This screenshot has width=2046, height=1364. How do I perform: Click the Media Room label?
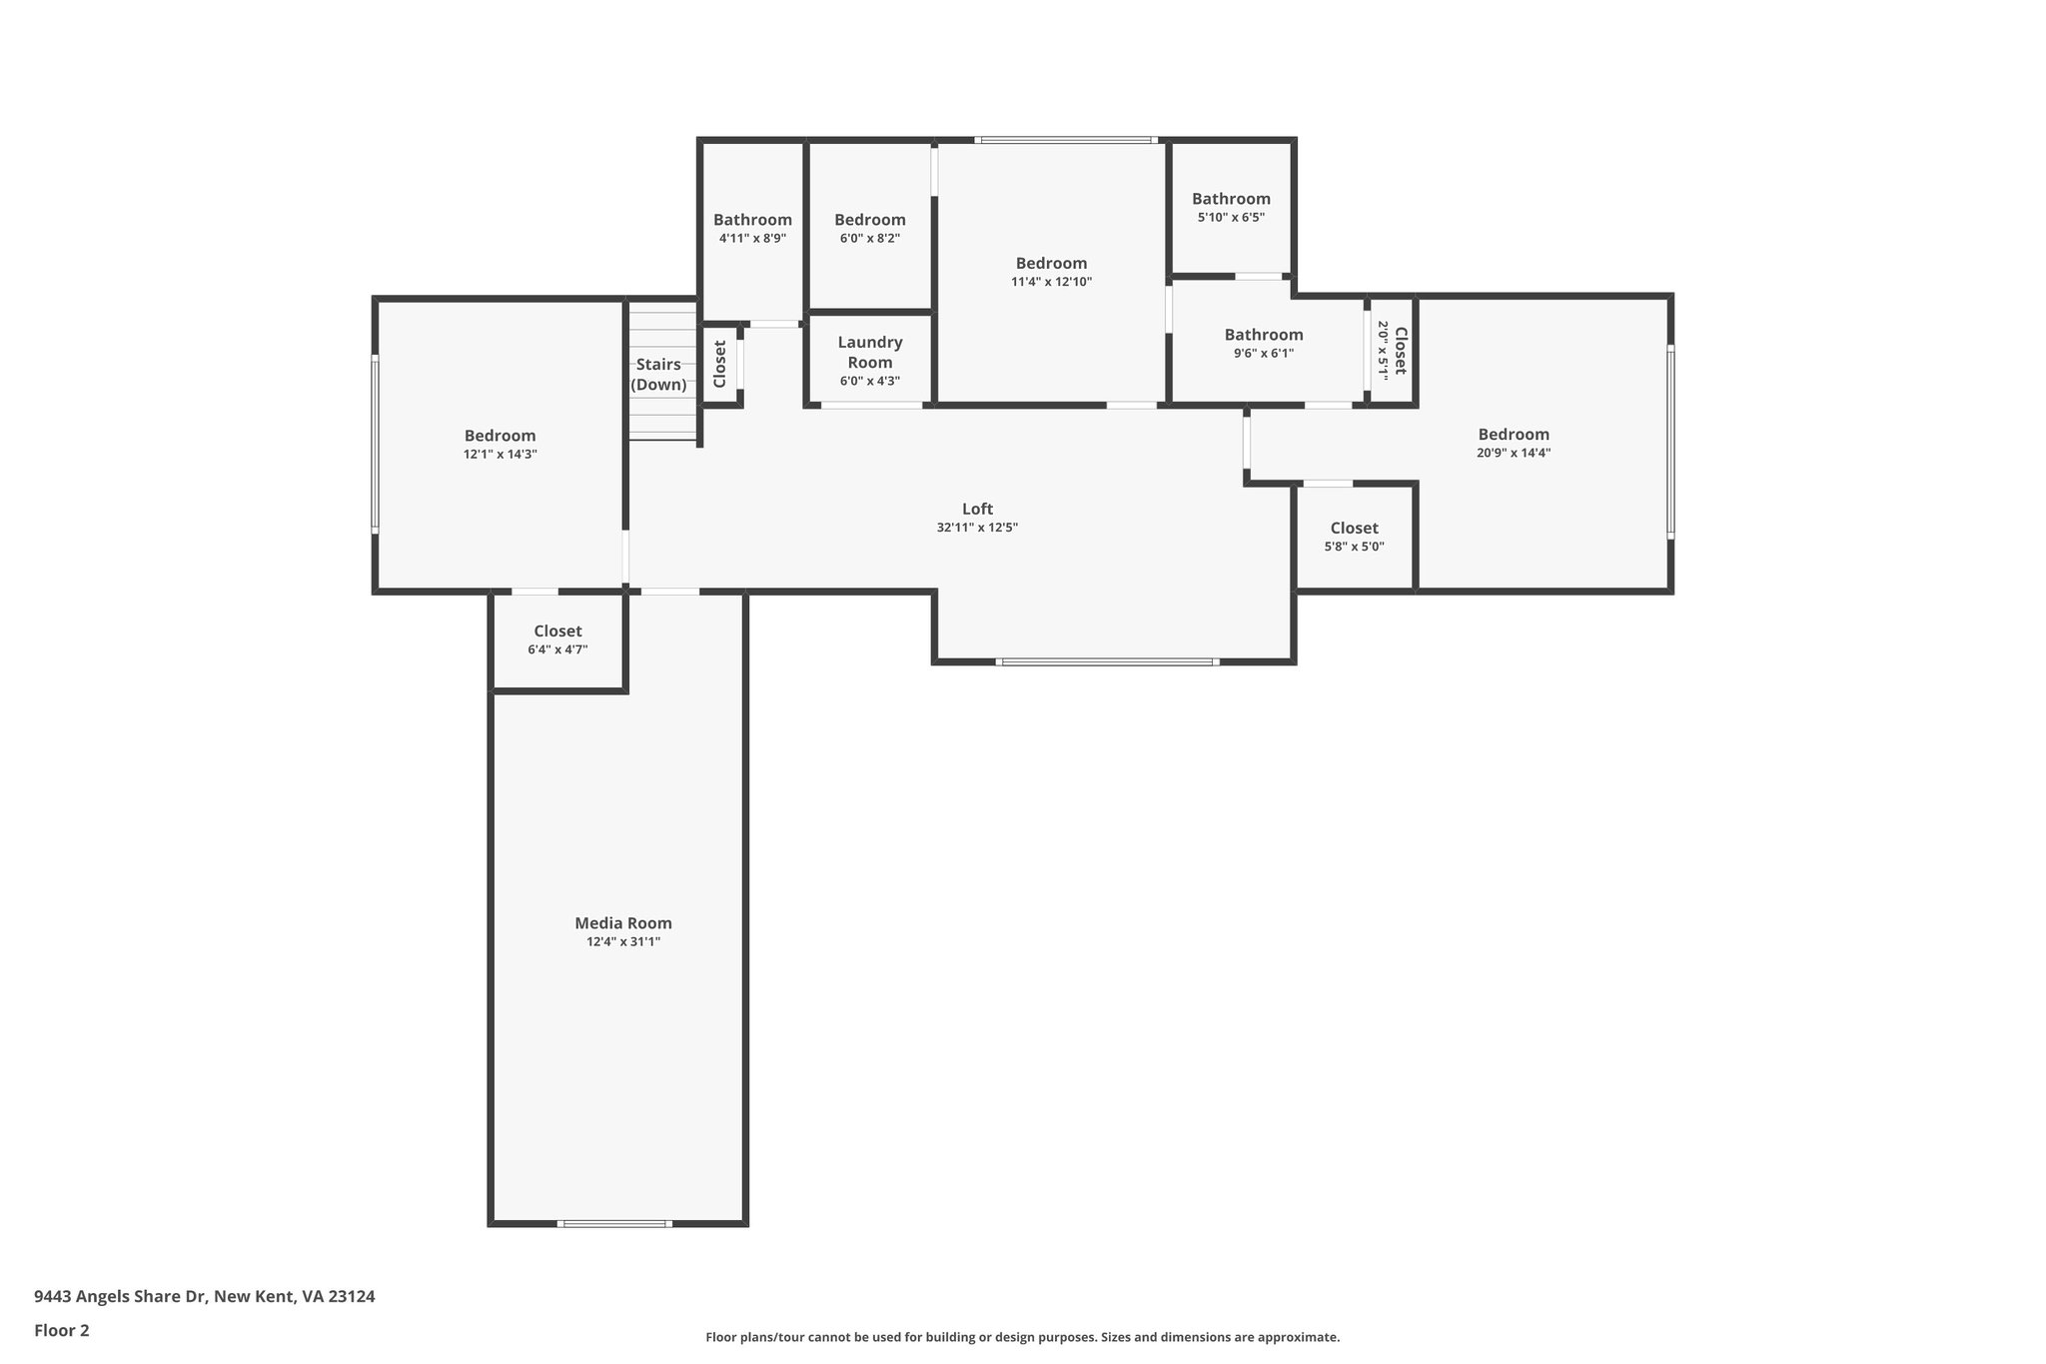[x=622, y=923]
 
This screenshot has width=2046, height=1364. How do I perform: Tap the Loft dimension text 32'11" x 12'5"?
[x=976, y=528]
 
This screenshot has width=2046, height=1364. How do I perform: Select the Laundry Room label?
[x=869, y=352]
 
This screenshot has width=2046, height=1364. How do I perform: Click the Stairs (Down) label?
[x=658, y=375]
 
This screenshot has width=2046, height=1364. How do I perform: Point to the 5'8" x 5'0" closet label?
[x=1354, y=529]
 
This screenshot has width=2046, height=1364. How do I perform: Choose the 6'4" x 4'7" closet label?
[x=557, y=632]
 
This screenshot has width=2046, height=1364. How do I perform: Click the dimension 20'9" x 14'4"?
[x=1513, y=453]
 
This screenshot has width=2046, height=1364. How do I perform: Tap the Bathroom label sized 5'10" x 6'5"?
[x=1230, y=199]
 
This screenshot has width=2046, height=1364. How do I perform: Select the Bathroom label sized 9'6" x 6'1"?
[x=1263, y=335]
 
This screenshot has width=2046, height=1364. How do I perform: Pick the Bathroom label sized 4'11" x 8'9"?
[x=752, y=220]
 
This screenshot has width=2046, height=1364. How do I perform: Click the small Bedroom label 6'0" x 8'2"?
[x=869, y=220]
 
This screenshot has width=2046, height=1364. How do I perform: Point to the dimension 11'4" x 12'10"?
[x=1051, y=282]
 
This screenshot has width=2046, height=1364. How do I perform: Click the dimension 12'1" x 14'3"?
[x=500, y=454]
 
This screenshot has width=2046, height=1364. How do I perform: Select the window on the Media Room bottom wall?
[x=613, y=1223]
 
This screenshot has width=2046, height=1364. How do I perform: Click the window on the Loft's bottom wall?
[x=1107, y=662]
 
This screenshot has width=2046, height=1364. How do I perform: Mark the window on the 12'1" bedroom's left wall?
[x=376, y=444]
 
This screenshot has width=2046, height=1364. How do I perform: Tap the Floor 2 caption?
[x=61, y=1330]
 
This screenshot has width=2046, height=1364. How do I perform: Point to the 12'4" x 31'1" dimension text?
[x=622, y=941]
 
